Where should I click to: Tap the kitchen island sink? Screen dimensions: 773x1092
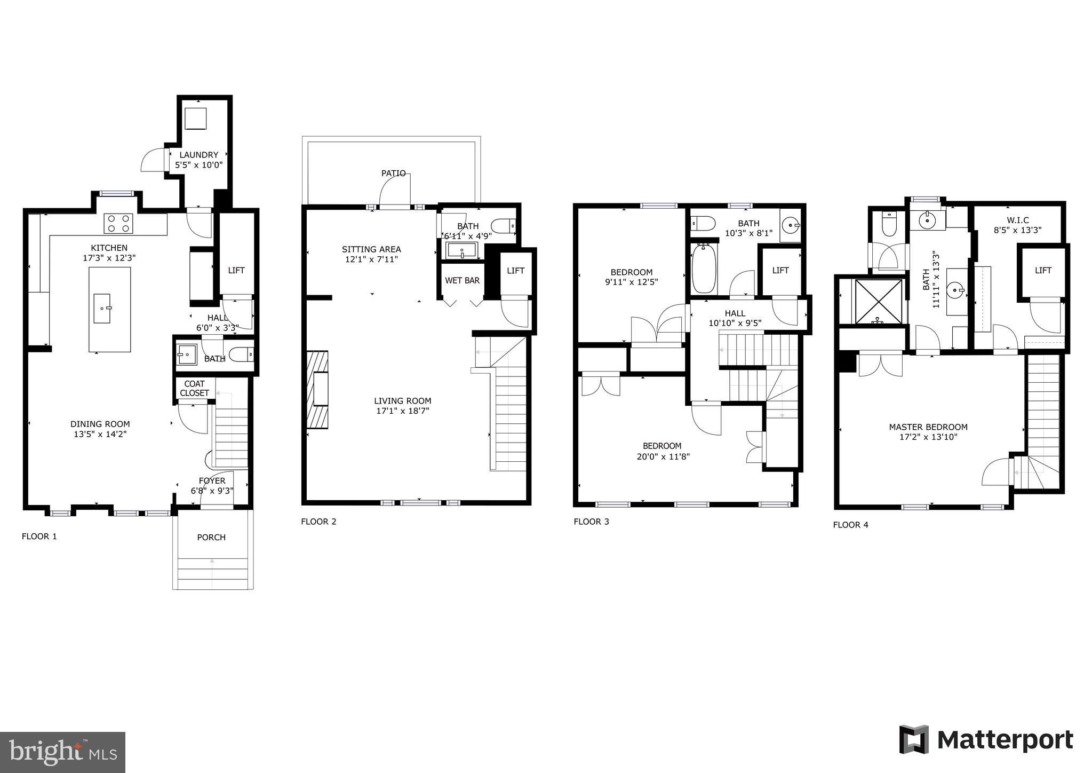(x=102, y=308)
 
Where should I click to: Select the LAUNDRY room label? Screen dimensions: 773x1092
(x=198, y=155)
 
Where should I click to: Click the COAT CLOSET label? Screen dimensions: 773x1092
(x=194, y=388)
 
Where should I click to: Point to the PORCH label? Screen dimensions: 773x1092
(x=211, y=537)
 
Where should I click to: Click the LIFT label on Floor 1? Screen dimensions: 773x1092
(x=236, y=270)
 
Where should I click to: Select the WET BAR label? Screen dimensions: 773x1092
(x=462, y=280)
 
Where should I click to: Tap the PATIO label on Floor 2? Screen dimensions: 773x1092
(x=393, y=173)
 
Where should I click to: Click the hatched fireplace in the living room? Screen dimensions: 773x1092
(x=318, y=390)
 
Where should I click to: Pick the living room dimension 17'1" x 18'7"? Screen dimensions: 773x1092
(x=402, y=411)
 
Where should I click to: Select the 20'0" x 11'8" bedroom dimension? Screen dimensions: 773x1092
(x=662, y=456)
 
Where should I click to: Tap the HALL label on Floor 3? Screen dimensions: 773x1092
(x=735, y=313)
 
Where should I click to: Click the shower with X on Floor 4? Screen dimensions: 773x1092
(x=878, y=301)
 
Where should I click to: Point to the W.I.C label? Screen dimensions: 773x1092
(x=1018, y=220)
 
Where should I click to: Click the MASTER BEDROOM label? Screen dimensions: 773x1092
(x=928, y=427)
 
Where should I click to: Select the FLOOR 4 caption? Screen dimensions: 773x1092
(x=850, y=525)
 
